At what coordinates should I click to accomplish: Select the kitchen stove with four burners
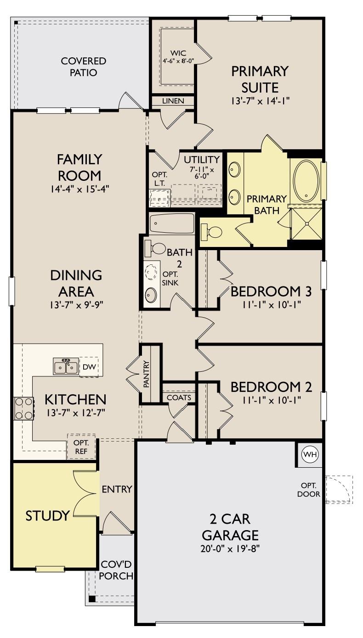[24, 408]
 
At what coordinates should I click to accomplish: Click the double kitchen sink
[66, 367]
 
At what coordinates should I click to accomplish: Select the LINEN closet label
[173, 101]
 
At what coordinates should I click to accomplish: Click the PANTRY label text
[147, 374]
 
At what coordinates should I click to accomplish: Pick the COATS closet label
[179, 397]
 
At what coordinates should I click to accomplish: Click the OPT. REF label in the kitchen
[81, 447]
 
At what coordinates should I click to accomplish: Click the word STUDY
[47, 515]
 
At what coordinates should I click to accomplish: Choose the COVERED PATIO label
[84, 67]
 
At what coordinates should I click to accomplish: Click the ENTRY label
[117, 489]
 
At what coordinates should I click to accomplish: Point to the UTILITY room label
[201, 160]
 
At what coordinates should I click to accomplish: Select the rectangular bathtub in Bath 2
[172, 224]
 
